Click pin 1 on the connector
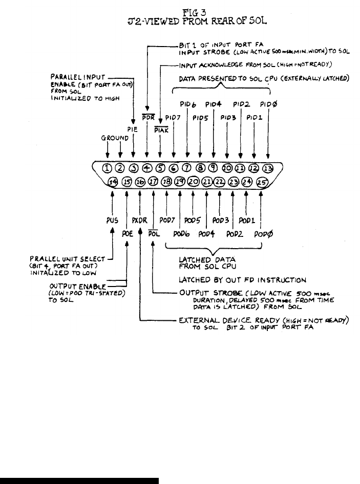[x=107, y=168]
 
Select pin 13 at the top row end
[x=267, y=168]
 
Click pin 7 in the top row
[x=187, y=168]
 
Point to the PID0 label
[x=268, y=104]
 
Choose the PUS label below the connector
[x=112, y=221]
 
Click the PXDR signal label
[x=139, y=221]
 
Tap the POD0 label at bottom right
[x=264, y=235]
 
